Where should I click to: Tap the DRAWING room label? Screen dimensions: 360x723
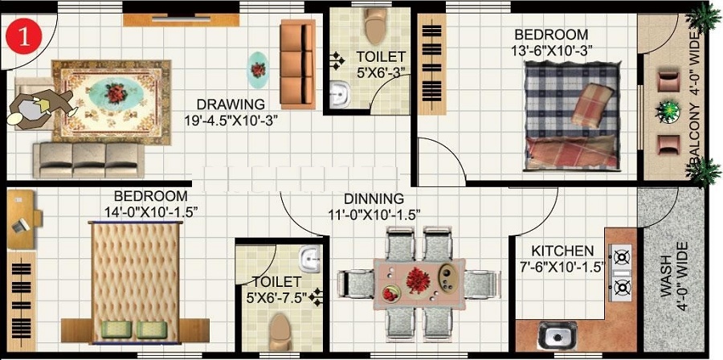[231, 104]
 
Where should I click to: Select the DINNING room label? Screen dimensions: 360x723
[374, 198]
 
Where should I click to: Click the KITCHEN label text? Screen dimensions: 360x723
[557, 252]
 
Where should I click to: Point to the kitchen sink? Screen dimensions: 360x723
[552, 335]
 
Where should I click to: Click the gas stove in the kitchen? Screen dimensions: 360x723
[622, 272]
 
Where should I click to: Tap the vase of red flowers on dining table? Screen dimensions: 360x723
[417, 280]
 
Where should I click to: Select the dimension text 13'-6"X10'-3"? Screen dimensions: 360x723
[552, 50]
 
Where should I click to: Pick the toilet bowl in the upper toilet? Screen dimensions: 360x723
[374, 27]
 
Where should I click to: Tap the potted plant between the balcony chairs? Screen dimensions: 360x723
[668, 112]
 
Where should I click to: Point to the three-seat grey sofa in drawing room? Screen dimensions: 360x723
[88, 159]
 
